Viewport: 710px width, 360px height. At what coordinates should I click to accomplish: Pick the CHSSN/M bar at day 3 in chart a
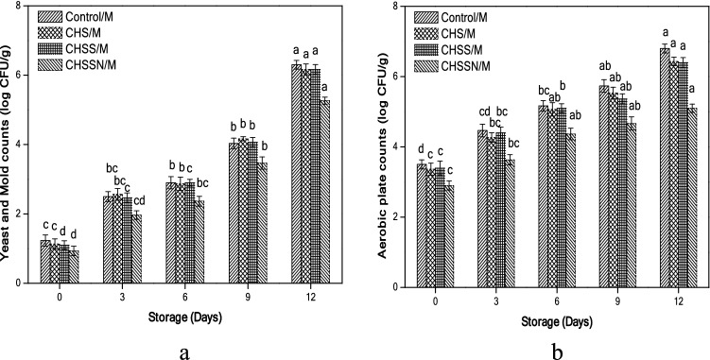pos(136,249)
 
